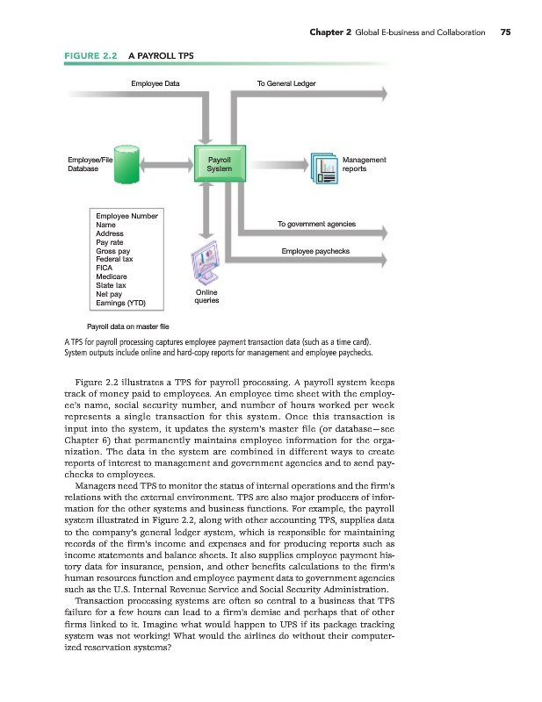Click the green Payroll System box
coord(213,164)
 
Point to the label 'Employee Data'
coord(155,83)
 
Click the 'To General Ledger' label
coord(286,83)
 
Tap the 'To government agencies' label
coord(316,225)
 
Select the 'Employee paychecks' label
coord(315,251)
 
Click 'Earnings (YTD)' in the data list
coord(120,303)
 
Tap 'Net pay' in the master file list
coord(109,294)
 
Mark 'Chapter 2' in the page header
coord(331,32)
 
